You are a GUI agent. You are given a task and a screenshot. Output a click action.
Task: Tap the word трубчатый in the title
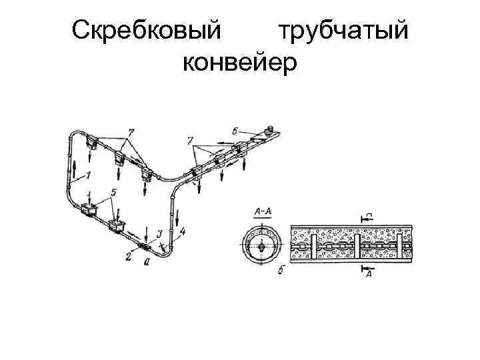coord(342,30)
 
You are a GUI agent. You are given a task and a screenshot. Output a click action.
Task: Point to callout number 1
coord(89,176)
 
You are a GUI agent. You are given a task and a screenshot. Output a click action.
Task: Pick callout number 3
coord(159,233)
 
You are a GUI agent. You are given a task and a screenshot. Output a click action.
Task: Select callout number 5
coord(113,192)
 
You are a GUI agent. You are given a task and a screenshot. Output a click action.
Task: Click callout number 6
coord(235,131)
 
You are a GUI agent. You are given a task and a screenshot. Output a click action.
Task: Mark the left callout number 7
coord(131,131)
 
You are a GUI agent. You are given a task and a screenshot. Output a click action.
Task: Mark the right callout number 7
coord(191,140)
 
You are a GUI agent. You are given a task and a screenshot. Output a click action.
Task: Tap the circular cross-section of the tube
coord(262,245)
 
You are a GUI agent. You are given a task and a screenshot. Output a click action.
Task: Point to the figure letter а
coord(147,263)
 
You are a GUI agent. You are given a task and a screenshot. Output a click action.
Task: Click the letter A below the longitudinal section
coord(369,274)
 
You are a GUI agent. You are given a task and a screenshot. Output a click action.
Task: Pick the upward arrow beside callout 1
coord(75,167)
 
